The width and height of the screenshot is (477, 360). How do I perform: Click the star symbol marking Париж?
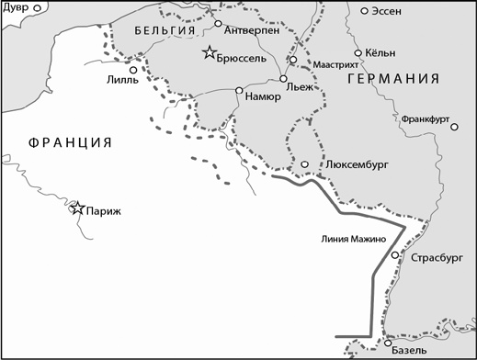coord(78,208)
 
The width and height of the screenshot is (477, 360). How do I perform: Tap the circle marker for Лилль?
coord(134,69)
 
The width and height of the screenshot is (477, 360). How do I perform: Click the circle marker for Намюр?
coord(239,90)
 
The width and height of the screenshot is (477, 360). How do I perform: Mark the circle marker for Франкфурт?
coord(454,128)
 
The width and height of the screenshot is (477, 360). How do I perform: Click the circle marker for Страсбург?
coord(394,254)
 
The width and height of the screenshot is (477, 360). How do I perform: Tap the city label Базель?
coord(409,352)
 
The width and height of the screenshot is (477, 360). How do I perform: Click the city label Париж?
coord(104,210)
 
